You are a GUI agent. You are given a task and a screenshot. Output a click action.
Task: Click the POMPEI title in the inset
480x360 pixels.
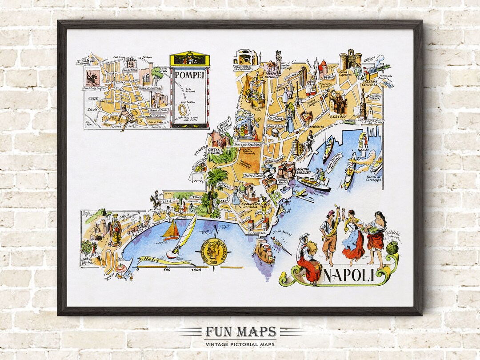pos(190,75)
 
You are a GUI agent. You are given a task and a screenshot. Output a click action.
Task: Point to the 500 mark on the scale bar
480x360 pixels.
pos(167,269)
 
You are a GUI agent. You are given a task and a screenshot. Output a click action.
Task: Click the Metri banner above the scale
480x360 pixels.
pos(150,260)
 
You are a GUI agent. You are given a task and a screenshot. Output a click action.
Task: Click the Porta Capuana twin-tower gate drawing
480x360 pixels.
pos(350,59)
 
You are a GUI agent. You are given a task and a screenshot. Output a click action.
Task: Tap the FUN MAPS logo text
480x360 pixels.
pos(240,332)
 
